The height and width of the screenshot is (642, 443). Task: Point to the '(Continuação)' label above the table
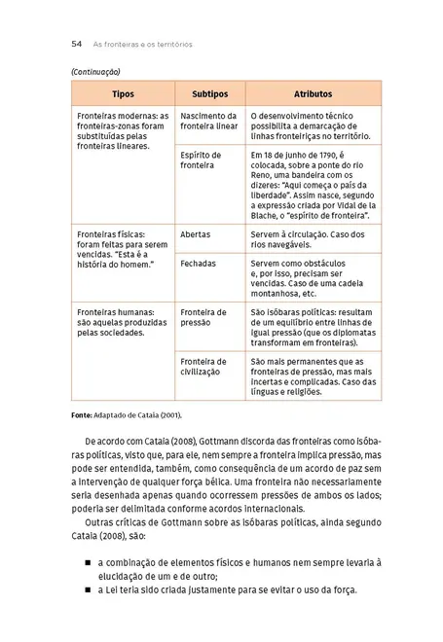tap(95, 72)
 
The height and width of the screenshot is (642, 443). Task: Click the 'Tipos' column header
tap(123, 94)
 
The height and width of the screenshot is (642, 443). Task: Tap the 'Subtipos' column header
tap(209, 94)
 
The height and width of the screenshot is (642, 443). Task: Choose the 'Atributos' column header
tap(314, 94)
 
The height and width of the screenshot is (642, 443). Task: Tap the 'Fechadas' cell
tap(199, 263)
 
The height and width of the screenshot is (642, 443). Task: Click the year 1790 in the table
tap(319, 156)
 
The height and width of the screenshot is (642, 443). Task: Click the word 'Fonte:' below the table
tap(82, 415)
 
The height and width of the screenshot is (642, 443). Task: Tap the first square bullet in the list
tap(88, 562)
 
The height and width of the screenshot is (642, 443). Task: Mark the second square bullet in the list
tap(88, 590)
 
